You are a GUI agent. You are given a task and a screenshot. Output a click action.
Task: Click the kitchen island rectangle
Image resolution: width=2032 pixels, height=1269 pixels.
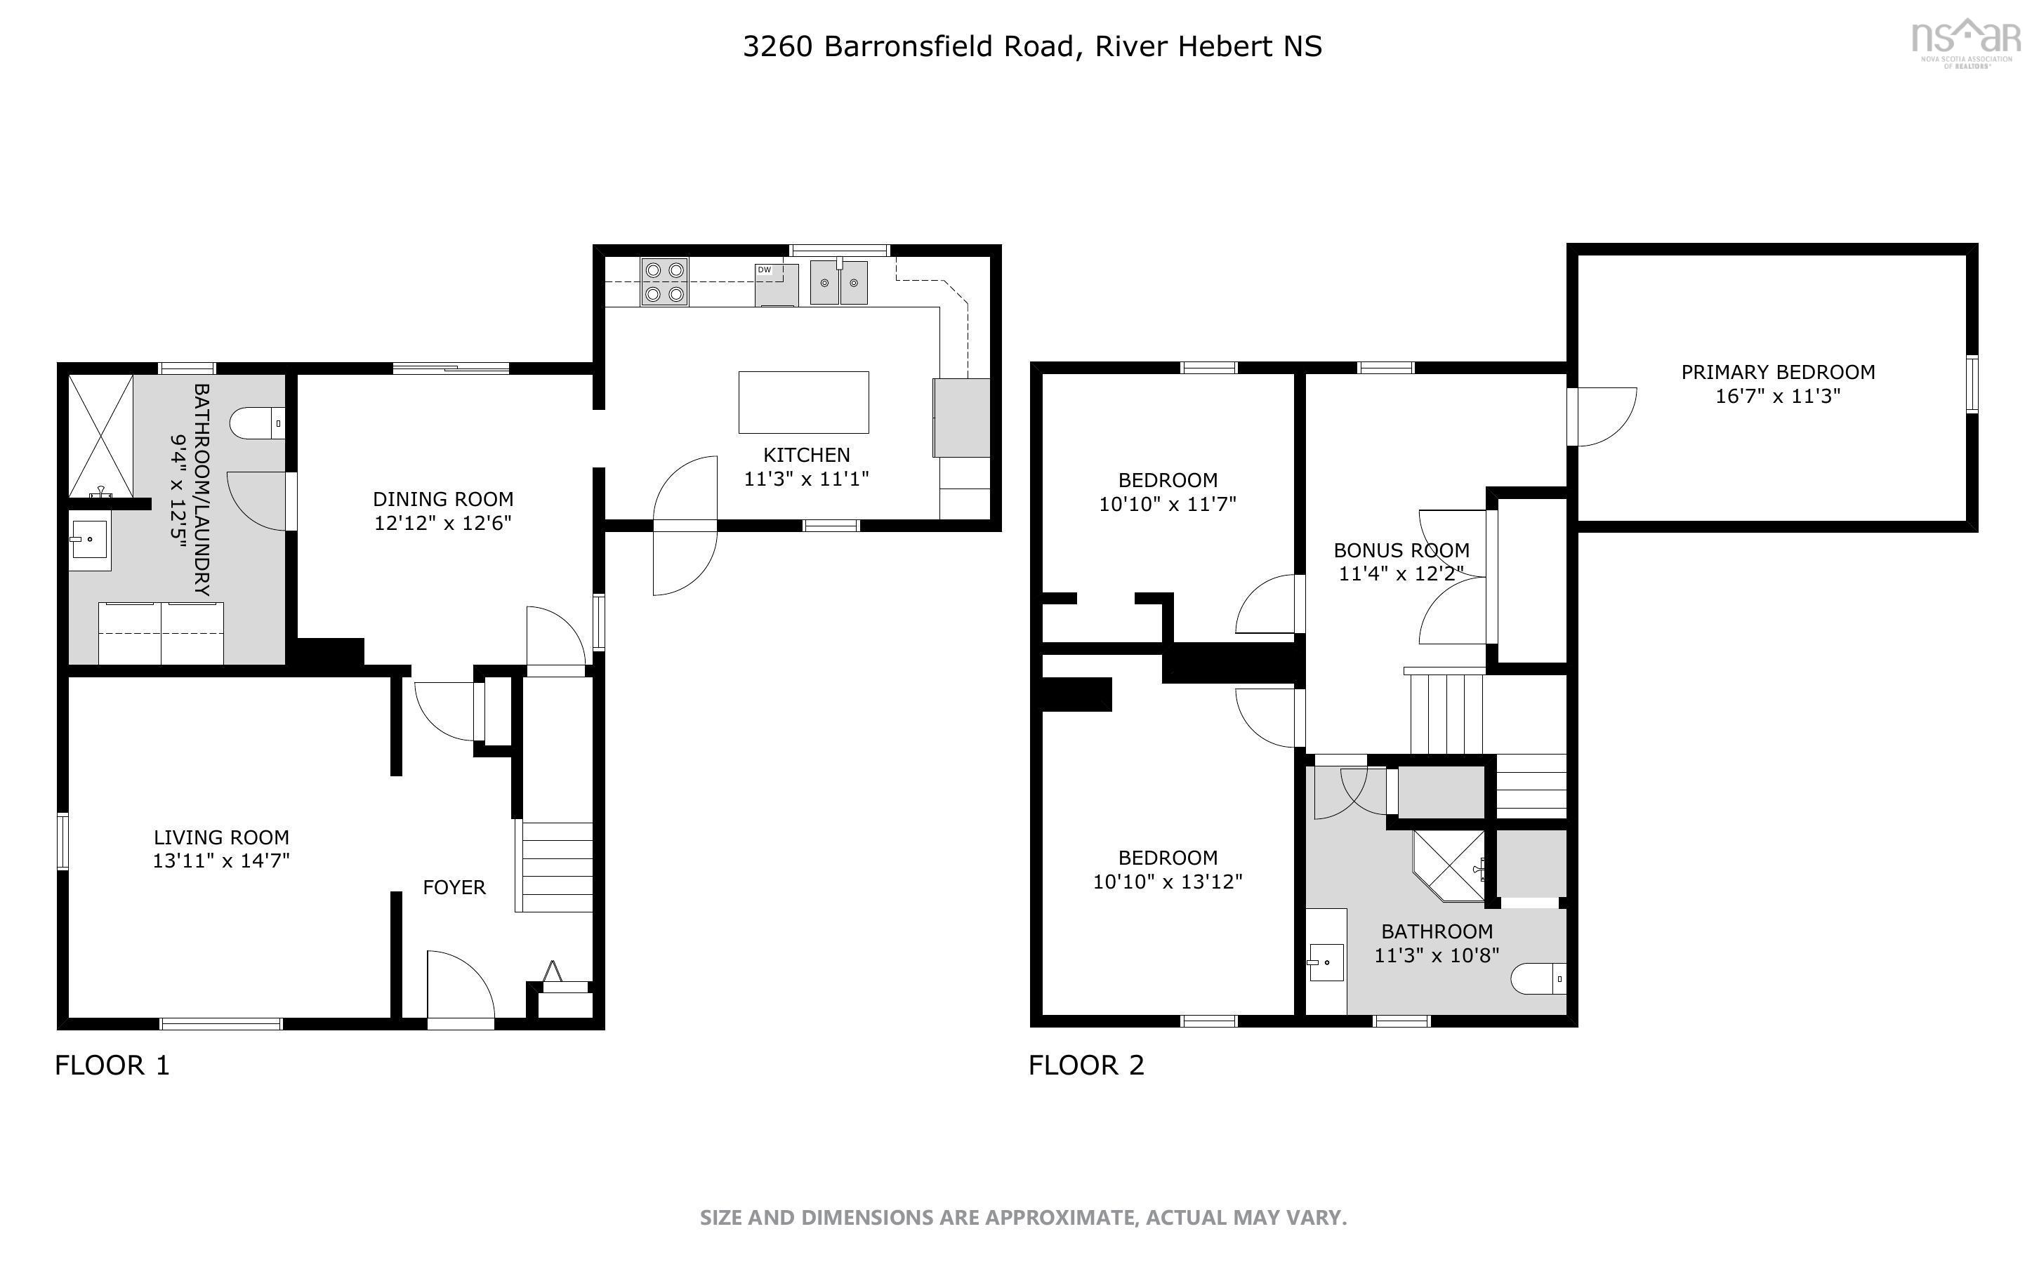pos(803,402)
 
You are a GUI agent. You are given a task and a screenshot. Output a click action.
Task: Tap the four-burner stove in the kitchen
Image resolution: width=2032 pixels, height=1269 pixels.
pos(664,282)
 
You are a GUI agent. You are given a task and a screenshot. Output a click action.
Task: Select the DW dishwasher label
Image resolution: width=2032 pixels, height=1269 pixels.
pos(764,270)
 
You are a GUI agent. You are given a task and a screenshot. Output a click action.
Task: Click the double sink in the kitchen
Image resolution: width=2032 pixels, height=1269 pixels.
pos(838,282)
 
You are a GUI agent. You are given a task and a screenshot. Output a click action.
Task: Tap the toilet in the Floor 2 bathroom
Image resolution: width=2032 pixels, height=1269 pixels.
pos(1538,978)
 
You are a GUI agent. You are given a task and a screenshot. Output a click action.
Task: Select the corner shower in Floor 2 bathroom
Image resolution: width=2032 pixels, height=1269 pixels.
pos(1449,866)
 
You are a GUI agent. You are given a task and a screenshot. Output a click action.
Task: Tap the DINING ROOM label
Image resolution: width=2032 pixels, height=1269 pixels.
pos(443,499)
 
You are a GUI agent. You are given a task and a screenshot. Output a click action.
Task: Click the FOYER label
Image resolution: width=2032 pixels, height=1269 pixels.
pos(454,887)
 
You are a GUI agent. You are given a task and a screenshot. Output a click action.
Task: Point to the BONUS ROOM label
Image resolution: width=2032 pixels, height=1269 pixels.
pos(1401,550)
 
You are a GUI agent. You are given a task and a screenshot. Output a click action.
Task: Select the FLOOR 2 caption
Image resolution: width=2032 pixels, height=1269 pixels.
pos(1086,1065)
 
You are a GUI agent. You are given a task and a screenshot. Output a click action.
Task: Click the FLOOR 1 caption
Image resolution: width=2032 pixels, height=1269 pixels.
pos(112,1065)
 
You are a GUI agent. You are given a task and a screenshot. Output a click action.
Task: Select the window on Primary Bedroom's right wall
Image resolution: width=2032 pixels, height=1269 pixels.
pos(1972,385)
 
